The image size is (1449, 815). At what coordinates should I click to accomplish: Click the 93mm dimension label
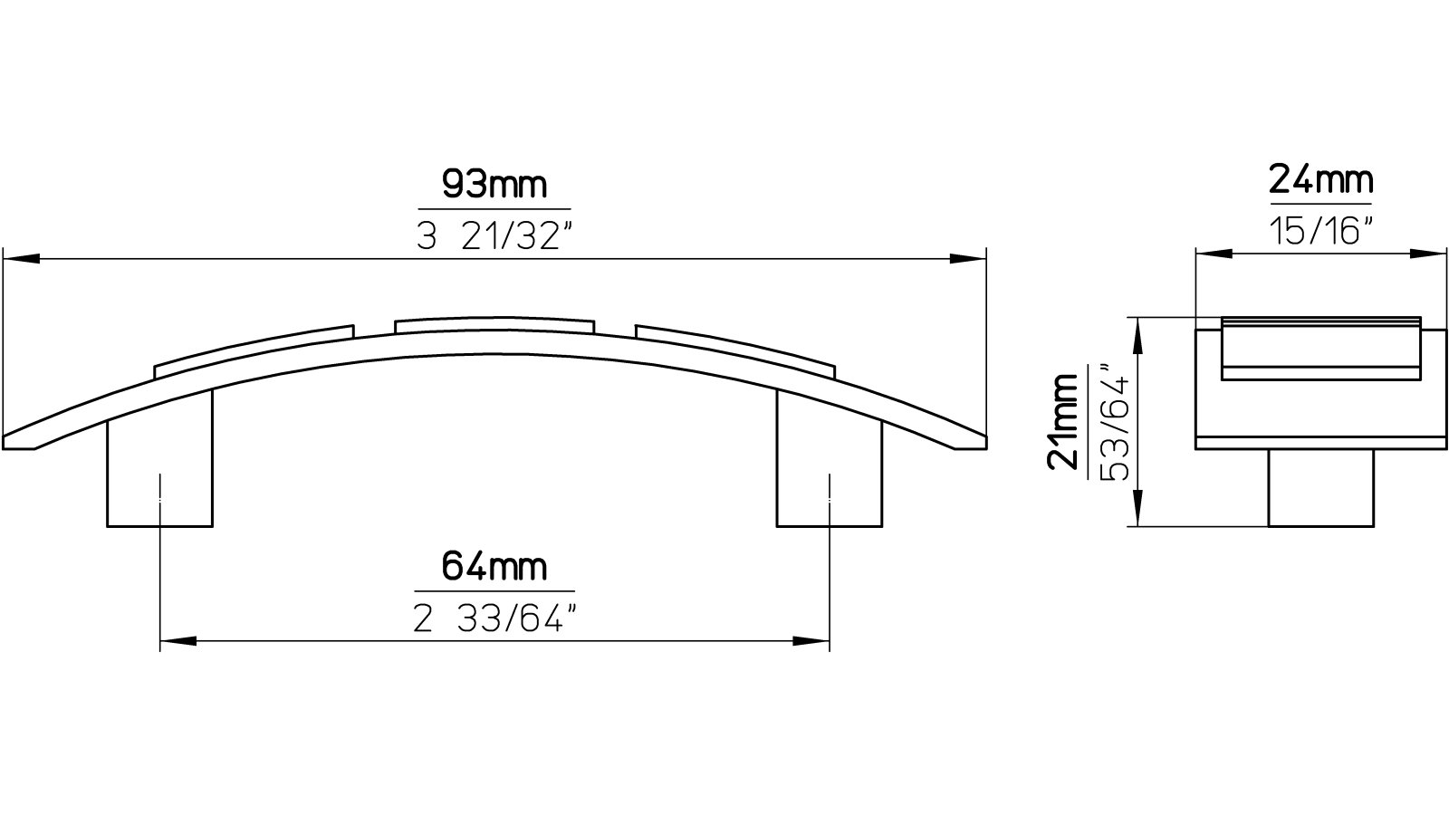494,186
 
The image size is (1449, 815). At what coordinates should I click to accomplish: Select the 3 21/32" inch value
495,237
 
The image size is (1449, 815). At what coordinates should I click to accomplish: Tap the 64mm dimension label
494,567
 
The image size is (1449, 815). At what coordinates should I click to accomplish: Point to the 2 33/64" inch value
495,619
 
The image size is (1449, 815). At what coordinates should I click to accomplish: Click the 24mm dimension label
1320,180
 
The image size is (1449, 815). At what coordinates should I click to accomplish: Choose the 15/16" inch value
1320,231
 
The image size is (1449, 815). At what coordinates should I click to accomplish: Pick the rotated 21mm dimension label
1063,422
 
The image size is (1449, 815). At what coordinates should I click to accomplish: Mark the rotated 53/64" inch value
1114,422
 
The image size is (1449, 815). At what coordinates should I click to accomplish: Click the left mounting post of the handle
160,471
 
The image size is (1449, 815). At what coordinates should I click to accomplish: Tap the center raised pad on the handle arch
494,325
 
